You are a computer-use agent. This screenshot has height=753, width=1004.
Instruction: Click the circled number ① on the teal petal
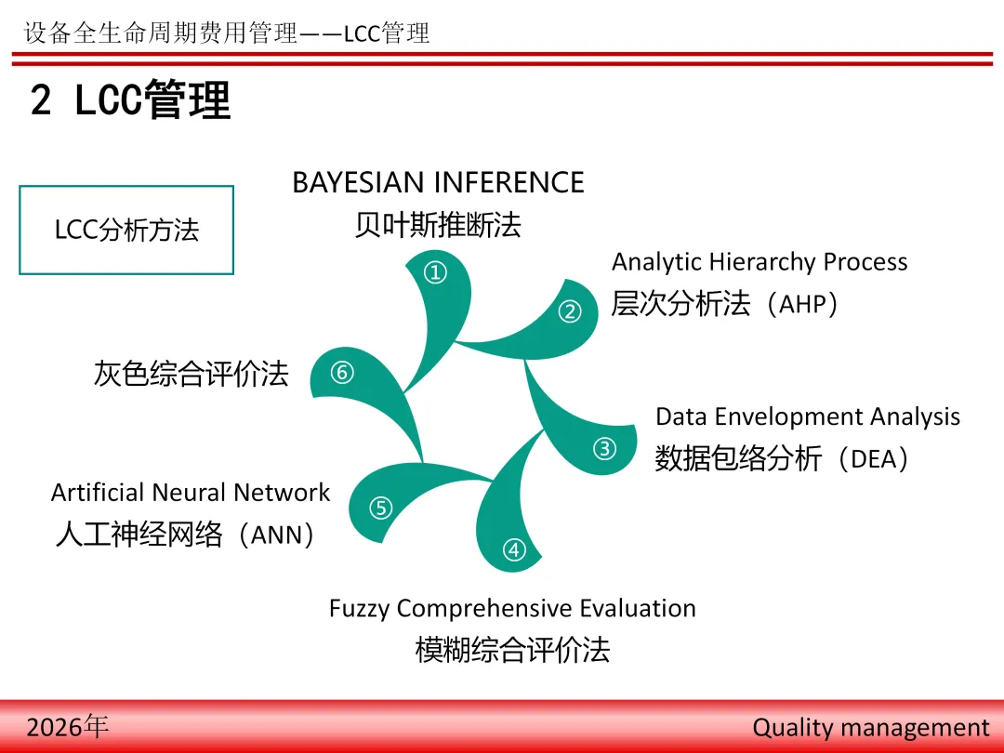435,272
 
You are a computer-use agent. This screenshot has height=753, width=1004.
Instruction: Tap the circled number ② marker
570,311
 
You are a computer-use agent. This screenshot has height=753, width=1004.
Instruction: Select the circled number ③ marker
604,448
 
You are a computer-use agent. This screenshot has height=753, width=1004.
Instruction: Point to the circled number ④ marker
514,549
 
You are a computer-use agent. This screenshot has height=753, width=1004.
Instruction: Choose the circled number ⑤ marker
381,508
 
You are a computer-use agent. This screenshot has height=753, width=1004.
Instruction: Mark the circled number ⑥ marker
342,372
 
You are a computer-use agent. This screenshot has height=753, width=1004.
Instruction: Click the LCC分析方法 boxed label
126,230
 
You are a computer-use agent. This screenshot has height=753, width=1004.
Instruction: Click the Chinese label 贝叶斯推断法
438,225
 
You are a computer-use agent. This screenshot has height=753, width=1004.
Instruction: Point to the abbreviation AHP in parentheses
804,304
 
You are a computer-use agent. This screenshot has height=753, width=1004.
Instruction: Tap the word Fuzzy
359,609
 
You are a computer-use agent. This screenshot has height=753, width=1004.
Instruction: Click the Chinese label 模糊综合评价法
512,650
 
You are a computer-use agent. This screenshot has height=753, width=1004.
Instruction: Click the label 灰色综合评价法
191,374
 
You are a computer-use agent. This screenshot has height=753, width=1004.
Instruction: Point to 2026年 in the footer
67,727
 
